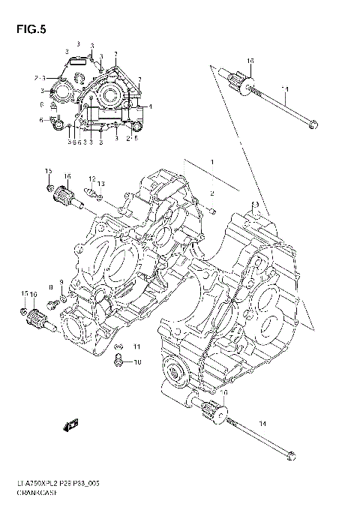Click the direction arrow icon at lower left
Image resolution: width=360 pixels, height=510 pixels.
[x=72, y=425]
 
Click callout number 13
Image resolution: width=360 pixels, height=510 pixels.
[x=101, y=184]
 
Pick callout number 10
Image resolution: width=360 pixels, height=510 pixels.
[x=136, y=362]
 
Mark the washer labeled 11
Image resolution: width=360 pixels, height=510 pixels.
[x=118, y=347]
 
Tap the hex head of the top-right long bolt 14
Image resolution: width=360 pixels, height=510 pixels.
[x=314, y=124]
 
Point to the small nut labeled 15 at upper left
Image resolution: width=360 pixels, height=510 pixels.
[x=49, y=187]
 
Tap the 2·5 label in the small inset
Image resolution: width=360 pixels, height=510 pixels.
[x=131, y=138]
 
